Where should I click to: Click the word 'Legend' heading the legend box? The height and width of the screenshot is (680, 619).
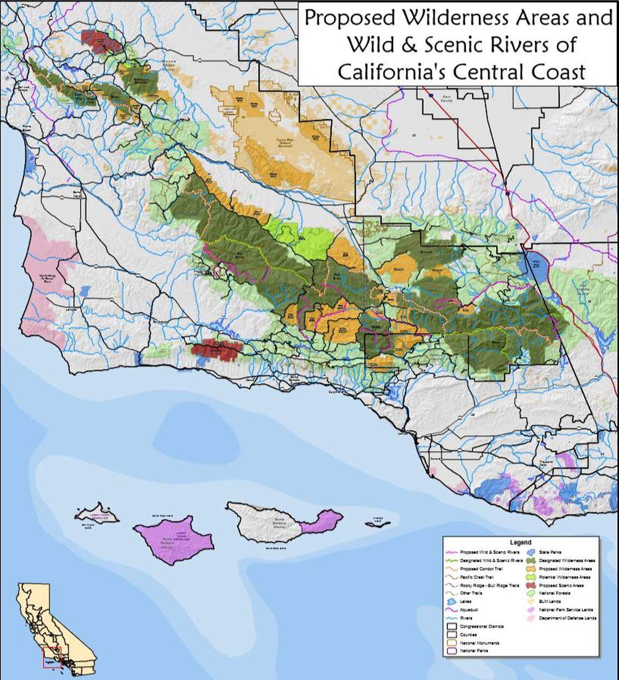[x=520, y=542]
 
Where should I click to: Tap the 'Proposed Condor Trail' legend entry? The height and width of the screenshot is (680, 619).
[x=476, y=569]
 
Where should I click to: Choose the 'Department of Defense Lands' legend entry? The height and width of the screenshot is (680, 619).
[x=567, y=618]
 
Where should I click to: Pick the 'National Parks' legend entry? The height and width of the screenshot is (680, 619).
[x=473, y=651]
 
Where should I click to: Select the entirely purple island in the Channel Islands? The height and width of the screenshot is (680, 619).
[x=174, y=536]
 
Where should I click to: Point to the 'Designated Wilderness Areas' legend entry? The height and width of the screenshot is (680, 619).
[x=567, y=561]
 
